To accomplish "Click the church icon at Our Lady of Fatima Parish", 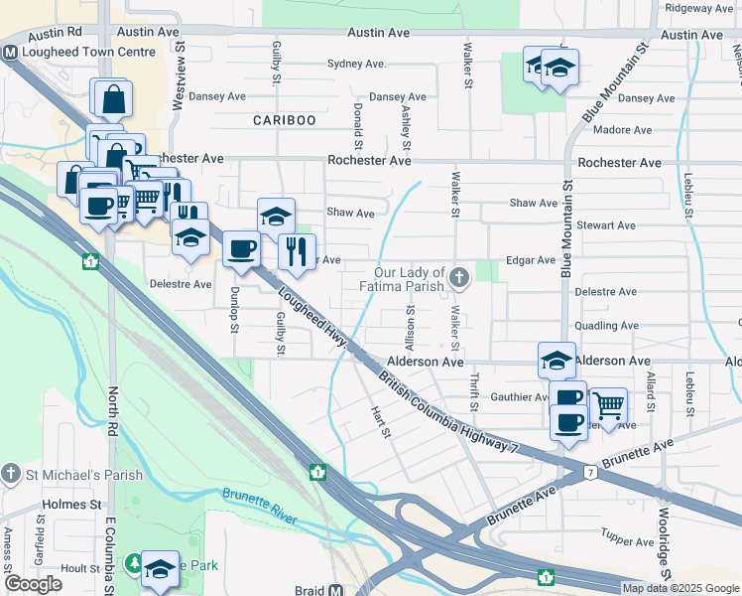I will coord(458,277).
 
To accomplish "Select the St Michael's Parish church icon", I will coord(10,470).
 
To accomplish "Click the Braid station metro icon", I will coord(335,590).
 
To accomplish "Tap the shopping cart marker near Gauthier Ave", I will coord(608,405).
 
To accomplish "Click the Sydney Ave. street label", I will coord(356,64).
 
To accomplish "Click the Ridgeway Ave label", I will coord(699,8).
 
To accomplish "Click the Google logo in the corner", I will coord(33,584).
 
